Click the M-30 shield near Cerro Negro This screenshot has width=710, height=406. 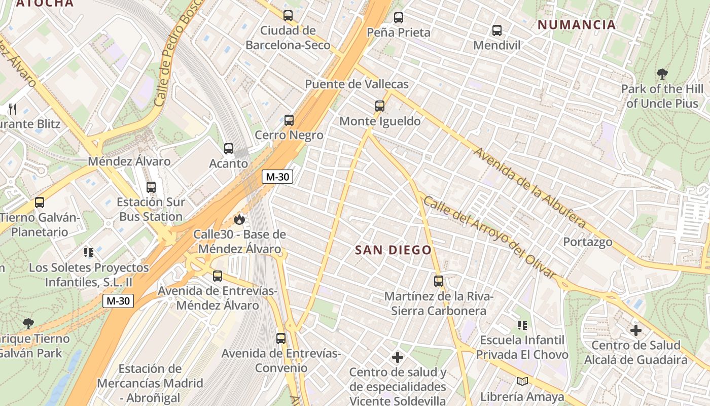coord(277,177)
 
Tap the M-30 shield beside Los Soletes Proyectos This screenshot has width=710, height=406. coord(118,300)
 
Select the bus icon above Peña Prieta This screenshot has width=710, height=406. coord(399,18)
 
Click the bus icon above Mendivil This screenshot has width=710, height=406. coord(497,30)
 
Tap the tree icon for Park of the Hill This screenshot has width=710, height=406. coord(662,74)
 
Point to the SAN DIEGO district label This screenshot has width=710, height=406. coord(393,250)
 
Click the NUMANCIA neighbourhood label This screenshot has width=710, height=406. coord(577,24)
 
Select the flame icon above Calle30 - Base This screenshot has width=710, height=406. coord(239,219)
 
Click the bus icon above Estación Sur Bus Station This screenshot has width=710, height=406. coord(151,187)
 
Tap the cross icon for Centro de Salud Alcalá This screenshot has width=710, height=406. coord(635,330)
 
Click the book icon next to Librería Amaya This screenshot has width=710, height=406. coord(522,381)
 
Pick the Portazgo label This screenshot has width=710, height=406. coord(588,242)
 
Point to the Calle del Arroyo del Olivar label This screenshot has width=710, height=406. coord(489,236)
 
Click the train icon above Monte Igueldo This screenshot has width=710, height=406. coord(380,106)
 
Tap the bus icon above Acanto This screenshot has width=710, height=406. coord(229,149)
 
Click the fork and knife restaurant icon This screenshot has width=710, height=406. coord(13,109)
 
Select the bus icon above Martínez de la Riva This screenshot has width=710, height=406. coord(439,281)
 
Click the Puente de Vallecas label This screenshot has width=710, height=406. coord(357,84)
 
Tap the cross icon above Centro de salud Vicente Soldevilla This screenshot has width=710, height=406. coord(398,358)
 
